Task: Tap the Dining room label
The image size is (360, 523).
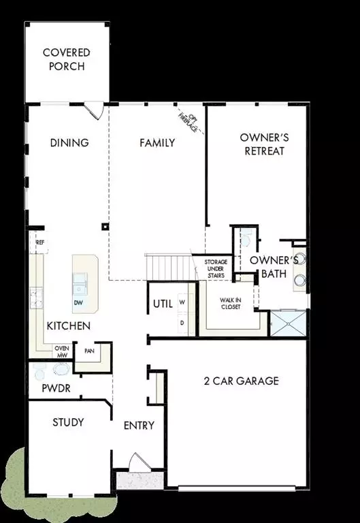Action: [69, 143]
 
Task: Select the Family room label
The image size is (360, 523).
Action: [157, 143]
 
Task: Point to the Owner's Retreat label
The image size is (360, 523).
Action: [264, 144]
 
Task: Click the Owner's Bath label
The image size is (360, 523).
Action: [273, 268]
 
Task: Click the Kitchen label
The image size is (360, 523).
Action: [68, 326]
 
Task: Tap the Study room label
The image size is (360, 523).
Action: [68, 423]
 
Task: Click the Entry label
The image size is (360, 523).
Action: [139, 426]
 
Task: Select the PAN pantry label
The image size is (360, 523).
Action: [88, 351]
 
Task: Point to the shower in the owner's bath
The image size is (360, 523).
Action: [287, 323]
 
